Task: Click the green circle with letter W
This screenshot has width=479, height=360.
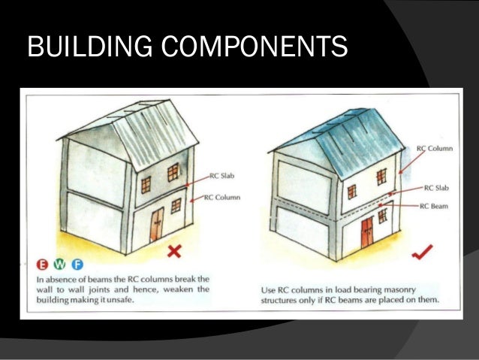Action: pos(61,265)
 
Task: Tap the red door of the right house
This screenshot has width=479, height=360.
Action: pos(367,231)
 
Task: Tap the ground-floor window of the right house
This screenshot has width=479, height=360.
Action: pos(384,216)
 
